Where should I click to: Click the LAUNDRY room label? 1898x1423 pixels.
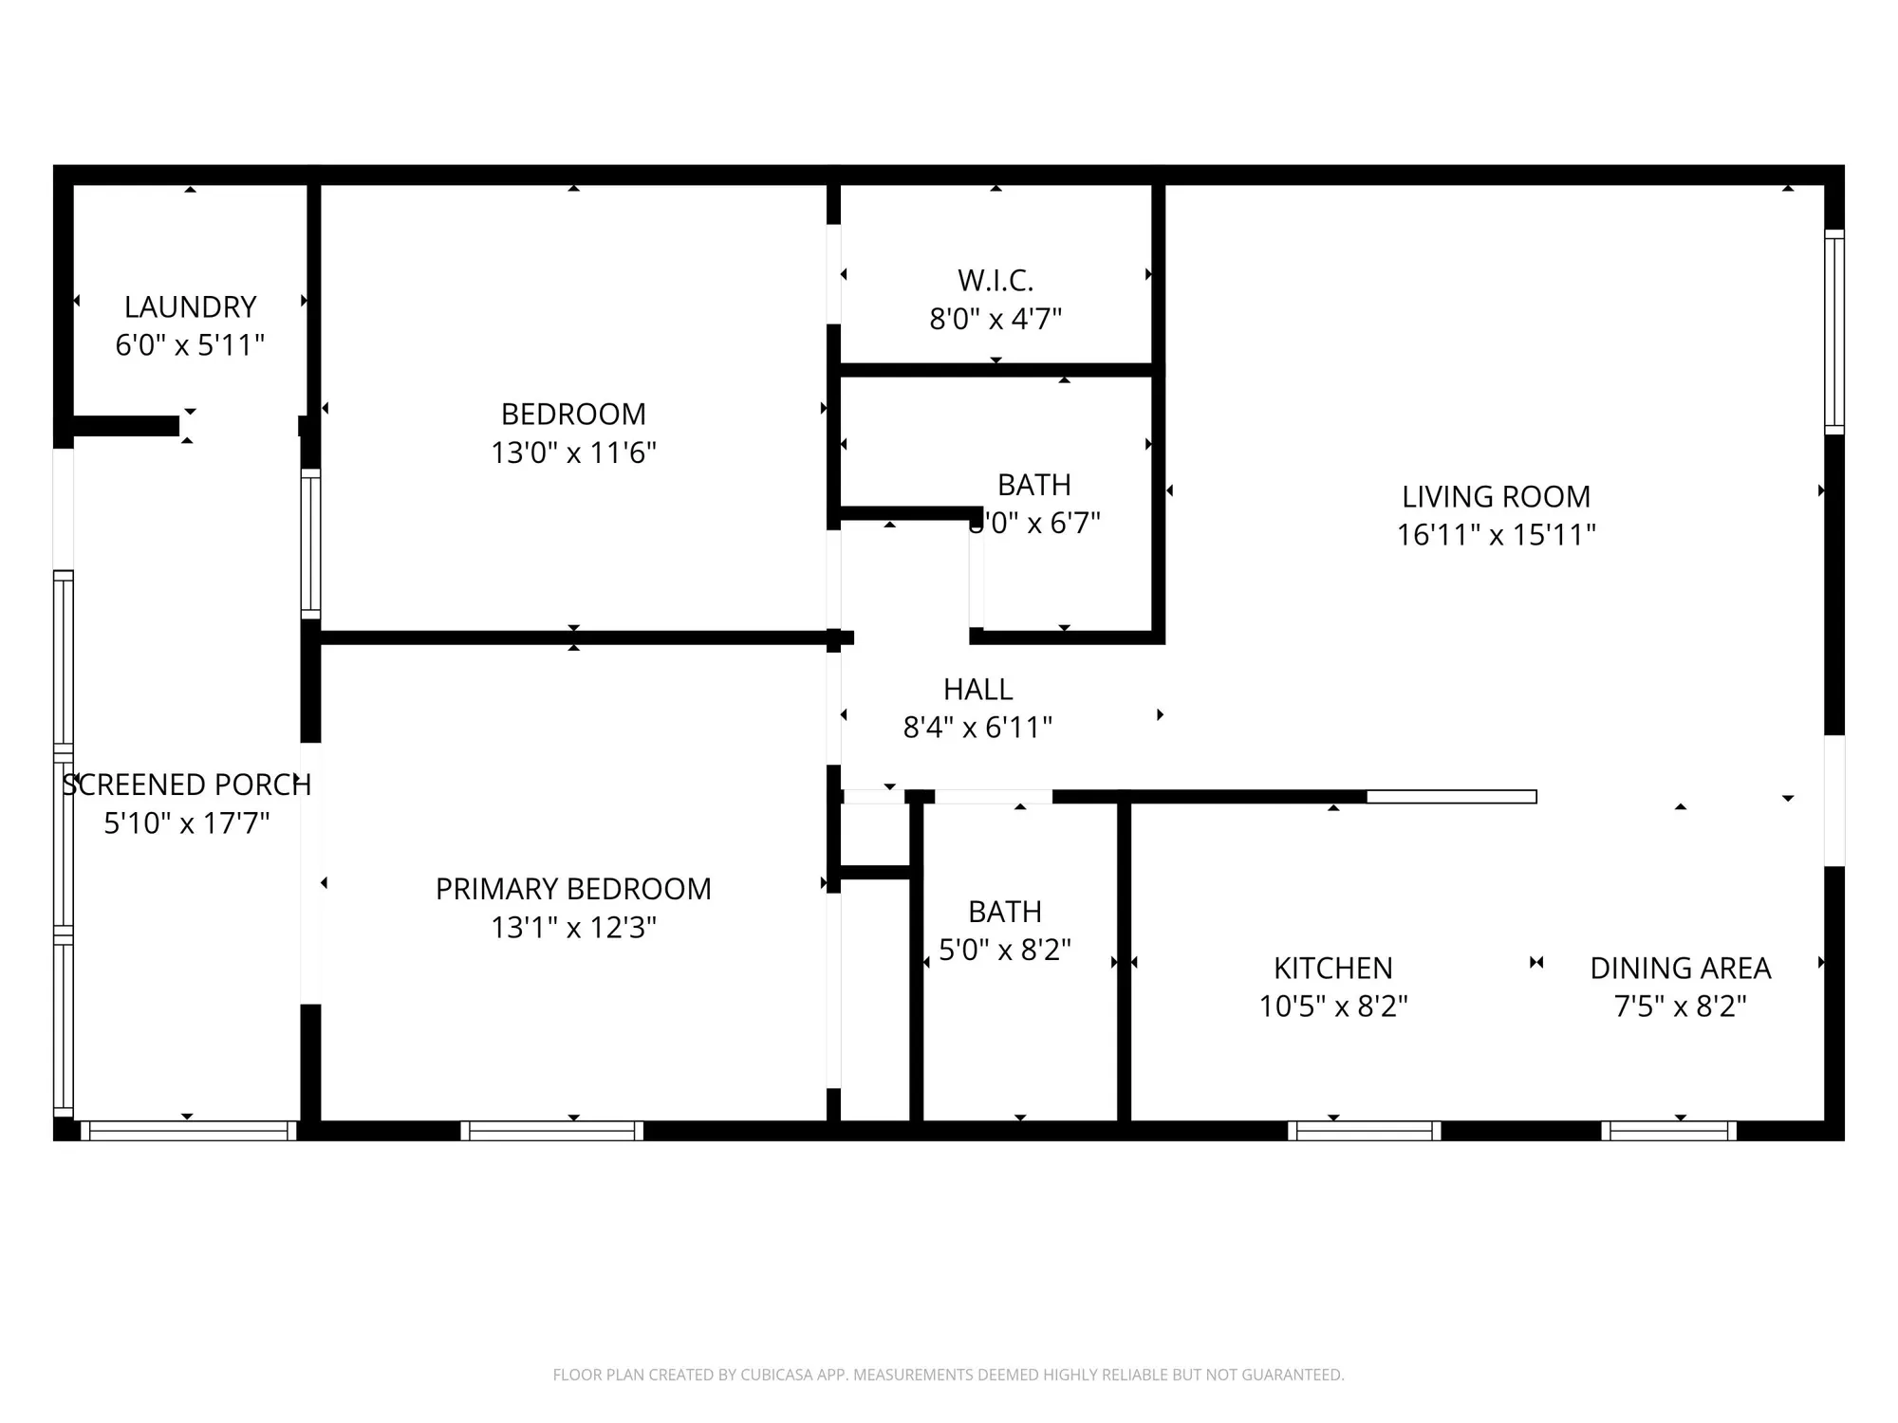pos(190,306)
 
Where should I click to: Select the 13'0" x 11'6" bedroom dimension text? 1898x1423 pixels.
pos(573,453)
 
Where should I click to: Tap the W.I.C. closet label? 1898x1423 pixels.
pos(995,280)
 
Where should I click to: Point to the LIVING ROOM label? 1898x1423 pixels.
pos(1496,496)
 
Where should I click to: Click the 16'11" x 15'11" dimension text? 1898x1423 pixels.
pos(1496,535)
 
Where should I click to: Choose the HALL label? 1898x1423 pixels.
pos(977,689)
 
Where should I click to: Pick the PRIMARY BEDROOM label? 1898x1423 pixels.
pos(573,889)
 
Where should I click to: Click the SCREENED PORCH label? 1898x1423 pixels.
pos(187,785)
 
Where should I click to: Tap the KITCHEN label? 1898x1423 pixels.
pos(1332,968)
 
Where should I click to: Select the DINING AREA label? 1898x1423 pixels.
pos(1680,968)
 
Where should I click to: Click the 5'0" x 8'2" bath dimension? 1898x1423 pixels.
pos(1004,950)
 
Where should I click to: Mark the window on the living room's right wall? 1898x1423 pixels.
pos(1833,332)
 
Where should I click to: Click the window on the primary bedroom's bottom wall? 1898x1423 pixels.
pos(551,1130)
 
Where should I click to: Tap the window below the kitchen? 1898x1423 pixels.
pos(1364,1130)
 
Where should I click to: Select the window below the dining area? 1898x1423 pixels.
pos(1668,1130)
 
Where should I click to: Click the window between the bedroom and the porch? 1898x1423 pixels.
pos(310,544)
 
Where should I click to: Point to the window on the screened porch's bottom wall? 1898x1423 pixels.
pos(188,1130)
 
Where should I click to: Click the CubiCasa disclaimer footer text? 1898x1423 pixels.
pos(948,1375)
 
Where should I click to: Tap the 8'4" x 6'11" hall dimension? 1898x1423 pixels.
pos(977,728)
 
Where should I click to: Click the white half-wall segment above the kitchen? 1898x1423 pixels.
pos(1451,797)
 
